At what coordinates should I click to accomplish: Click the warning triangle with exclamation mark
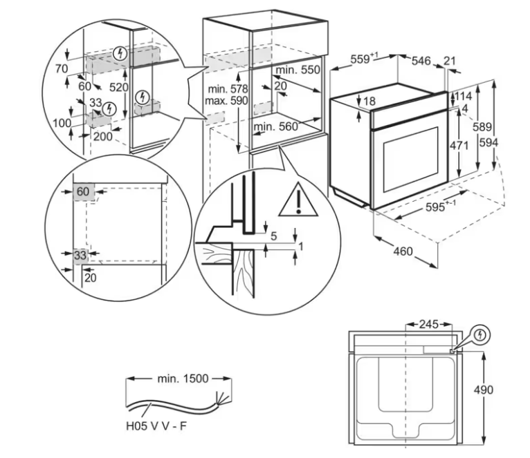298,200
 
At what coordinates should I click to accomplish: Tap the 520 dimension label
118,88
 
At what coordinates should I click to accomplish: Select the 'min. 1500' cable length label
183,379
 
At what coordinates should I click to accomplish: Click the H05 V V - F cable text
156,426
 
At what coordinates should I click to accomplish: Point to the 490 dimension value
484,390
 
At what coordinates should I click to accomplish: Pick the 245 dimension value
428,325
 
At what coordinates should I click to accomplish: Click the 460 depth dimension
403,251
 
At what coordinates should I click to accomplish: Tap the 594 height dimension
488,143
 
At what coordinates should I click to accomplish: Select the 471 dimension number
459,146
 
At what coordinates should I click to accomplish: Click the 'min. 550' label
298,70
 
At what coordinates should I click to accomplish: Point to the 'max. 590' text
226,101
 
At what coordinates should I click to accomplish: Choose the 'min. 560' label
276,126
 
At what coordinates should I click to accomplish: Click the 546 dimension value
421,61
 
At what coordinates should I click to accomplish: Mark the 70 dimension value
62,68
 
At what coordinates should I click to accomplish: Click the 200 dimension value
103,136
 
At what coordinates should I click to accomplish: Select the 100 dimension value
62,123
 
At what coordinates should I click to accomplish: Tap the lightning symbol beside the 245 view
479,335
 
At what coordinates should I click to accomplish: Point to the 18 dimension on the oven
369,101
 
